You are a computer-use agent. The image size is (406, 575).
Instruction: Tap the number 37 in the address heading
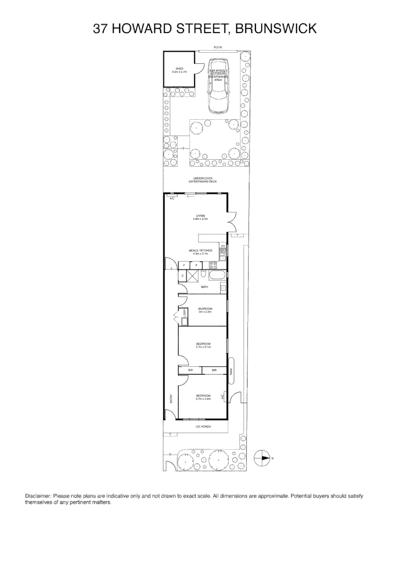tap(100, 28)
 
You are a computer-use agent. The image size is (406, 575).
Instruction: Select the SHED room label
tap(179, 69)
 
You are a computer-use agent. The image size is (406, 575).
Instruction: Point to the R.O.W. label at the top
tap(218, 47)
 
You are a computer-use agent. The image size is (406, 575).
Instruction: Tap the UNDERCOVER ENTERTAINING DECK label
tap(203, 180)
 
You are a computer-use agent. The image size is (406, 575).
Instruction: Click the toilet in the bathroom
tap(223, 288)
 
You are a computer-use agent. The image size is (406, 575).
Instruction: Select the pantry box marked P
tap(196, 265)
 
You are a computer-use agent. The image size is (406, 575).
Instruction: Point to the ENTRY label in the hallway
tap(171, 398)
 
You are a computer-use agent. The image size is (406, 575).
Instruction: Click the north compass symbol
tap(263, 458)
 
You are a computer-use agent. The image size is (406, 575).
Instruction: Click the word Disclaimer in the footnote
tap(38, 496)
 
